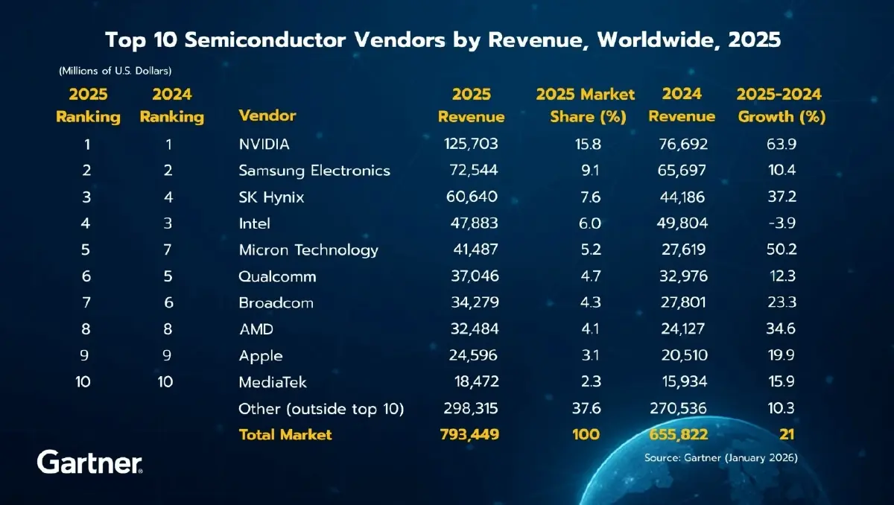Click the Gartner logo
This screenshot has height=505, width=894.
(x=89, y=462)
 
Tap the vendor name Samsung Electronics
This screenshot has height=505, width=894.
(x=314, y=171)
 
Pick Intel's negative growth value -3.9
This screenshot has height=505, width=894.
(x=781, y=223)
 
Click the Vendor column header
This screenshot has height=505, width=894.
(x=267, y=116)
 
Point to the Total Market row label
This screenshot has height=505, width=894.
(x=285, y=434)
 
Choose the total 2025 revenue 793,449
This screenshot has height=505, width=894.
(x=470, y=434)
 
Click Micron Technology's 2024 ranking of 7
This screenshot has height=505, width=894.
(x=168, y=250)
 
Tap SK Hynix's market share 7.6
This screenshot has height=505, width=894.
(x=585, y=197)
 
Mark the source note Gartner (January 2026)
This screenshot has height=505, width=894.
(x=720, y=459)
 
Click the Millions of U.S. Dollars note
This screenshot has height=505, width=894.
(x=115, y=71)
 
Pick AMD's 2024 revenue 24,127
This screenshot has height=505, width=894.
(x=678, y=329)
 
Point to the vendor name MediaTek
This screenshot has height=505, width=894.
(x=273, y=383)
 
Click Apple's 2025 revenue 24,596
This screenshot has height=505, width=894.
(x=470, y=356)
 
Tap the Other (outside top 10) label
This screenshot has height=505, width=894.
(x=321, y=409)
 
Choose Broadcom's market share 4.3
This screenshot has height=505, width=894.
(x=585, y=303)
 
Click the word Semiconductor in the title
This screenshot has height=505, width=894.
(x=294, y=39)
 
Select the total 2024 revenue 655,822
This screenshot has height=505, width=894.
(x=678, y=434)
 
